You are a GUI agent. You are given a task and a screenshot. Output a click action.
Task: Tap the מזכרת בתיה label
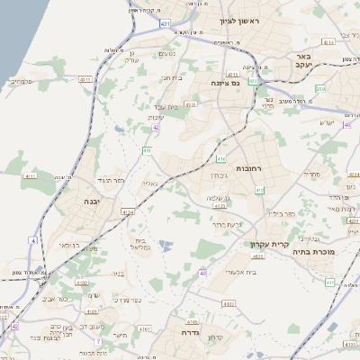click(312, 253)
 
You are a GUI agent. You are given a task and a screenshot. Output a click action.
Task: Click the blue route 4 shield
click(32, 241)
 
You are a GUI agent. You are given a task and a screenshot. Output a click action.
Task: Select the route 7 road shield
click(96, 342)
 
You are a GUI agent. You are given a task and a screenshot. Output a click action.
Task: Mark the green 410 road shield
click(220, 158)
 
